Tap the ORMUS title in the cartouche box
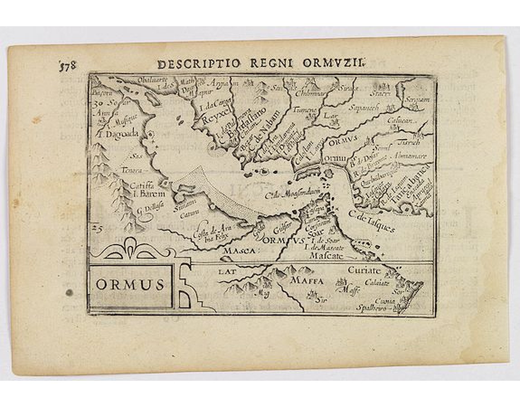coord(130,285)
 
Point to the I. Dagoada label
coord(115,134)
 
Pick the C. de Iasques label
coord(372,222)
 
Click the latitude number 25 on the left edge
coord(96,227)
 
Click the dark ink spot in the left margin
coord(69,293)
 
